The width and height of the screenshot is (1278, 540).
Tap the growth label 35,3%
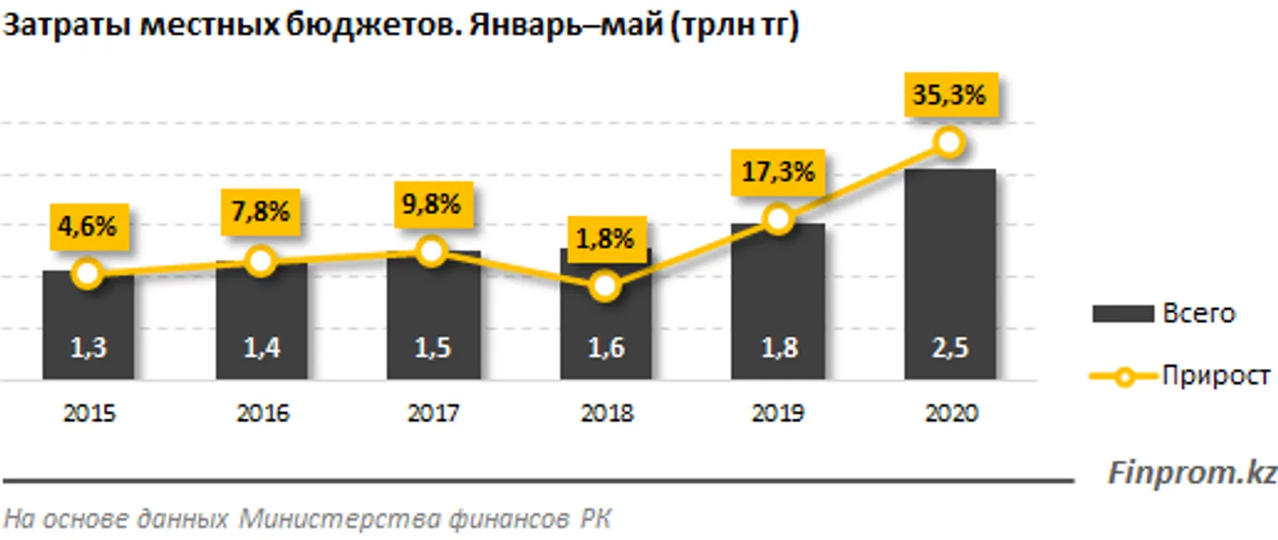click(x=949, y=95)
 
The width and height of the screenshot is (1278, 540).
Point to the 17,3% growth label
click(x=778, y=173)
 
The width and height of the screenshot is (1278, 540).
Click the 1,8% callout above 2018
click(x=604, y=240)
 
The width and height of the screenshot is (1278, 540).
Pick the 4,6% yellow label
click(x=88, y=227)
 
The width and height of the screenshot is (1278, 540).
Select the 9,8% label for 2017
click(x=432, y=204)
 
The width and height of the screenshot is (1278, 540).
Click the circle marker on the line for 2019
click(x=778, y=220)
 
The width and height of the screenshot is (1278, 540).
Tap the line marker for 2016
click(x=261, y=262)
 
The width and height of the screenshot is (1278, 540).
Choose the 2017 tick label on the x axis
click(x=433, y=414)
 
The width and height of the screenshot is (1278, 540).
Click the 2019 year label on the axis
click(x=778, y=414)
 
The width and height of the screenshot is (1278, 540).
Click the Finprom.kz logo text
click(x=1191, y=472)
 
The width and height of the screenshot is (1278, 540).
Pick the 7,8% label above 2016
click(x=261, y=212)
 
